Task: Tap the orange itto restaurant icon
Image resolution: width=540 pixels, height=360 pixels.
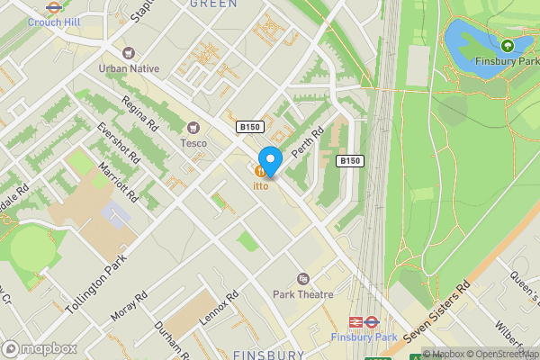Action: [x=261, y=171]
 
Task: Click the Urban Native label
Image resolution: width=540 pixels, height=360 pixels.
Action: [x=128, y=68]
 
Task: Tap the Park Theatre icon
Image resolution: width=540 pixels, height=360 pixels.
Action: [x=303, y=279]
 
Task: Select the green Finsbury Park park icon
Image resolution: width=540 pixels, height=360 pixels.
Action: [x=507, y=45]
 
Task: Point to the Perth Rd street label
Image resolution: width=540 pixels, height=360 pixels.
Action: [x=309, y=137]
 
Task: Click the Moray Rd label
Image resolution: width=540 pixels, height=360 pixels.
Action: [x=129, y=306]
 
